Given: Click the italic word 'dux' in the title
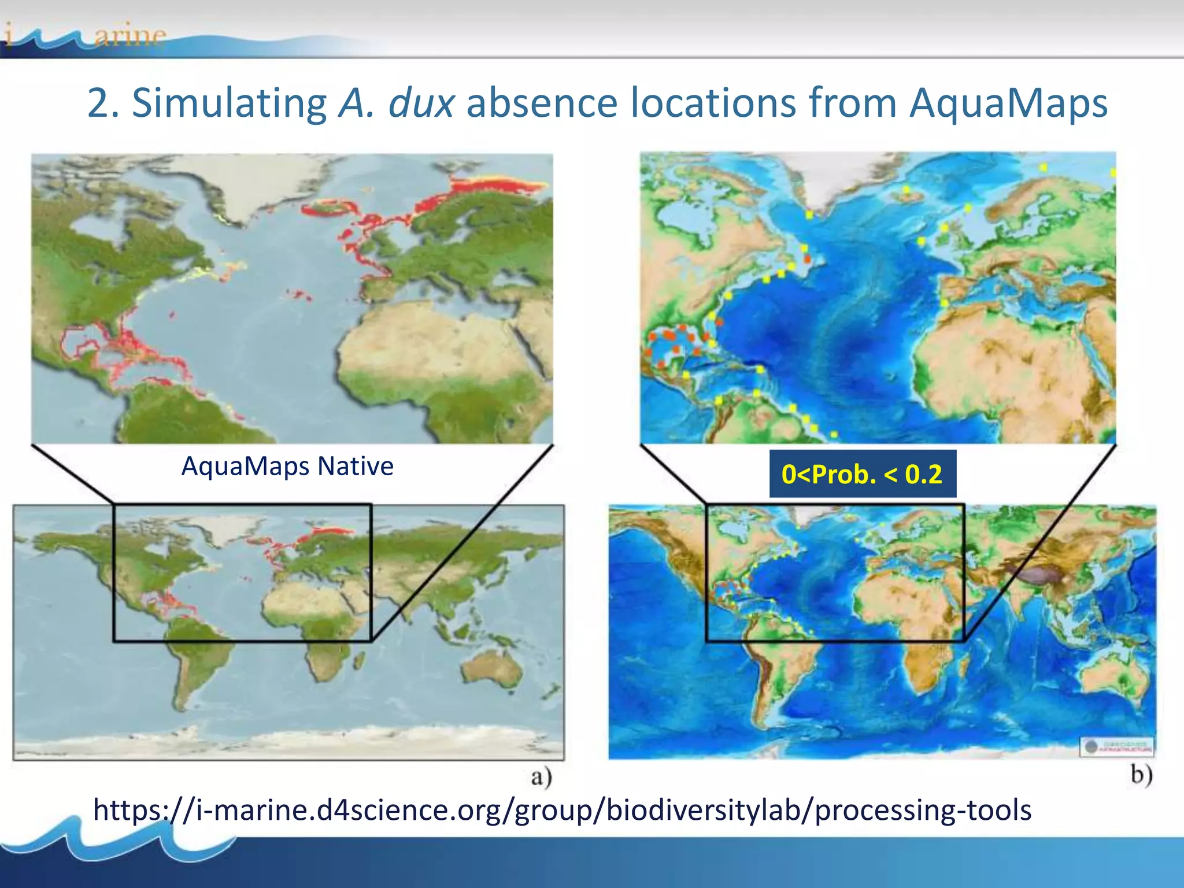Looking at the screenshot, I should point(421,103).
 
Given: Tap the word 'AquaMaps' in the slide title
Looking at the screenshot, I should point(1008,103).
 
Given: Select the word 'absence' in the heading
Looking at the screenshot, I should point(542,103).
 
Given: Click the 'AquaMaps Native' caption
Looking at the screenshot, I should point(287,466).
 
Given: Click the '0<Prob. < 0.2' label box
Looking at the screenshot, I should point(862,474).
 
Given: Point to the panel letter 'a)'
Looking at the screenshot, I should point(541,777).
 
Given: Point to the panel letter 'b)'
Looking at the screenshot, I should point(1141,774).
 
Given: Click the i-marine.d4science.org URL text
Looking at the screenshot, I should point(562,809).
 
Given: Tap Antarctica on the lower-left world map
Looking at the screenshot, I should point(289,743).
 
